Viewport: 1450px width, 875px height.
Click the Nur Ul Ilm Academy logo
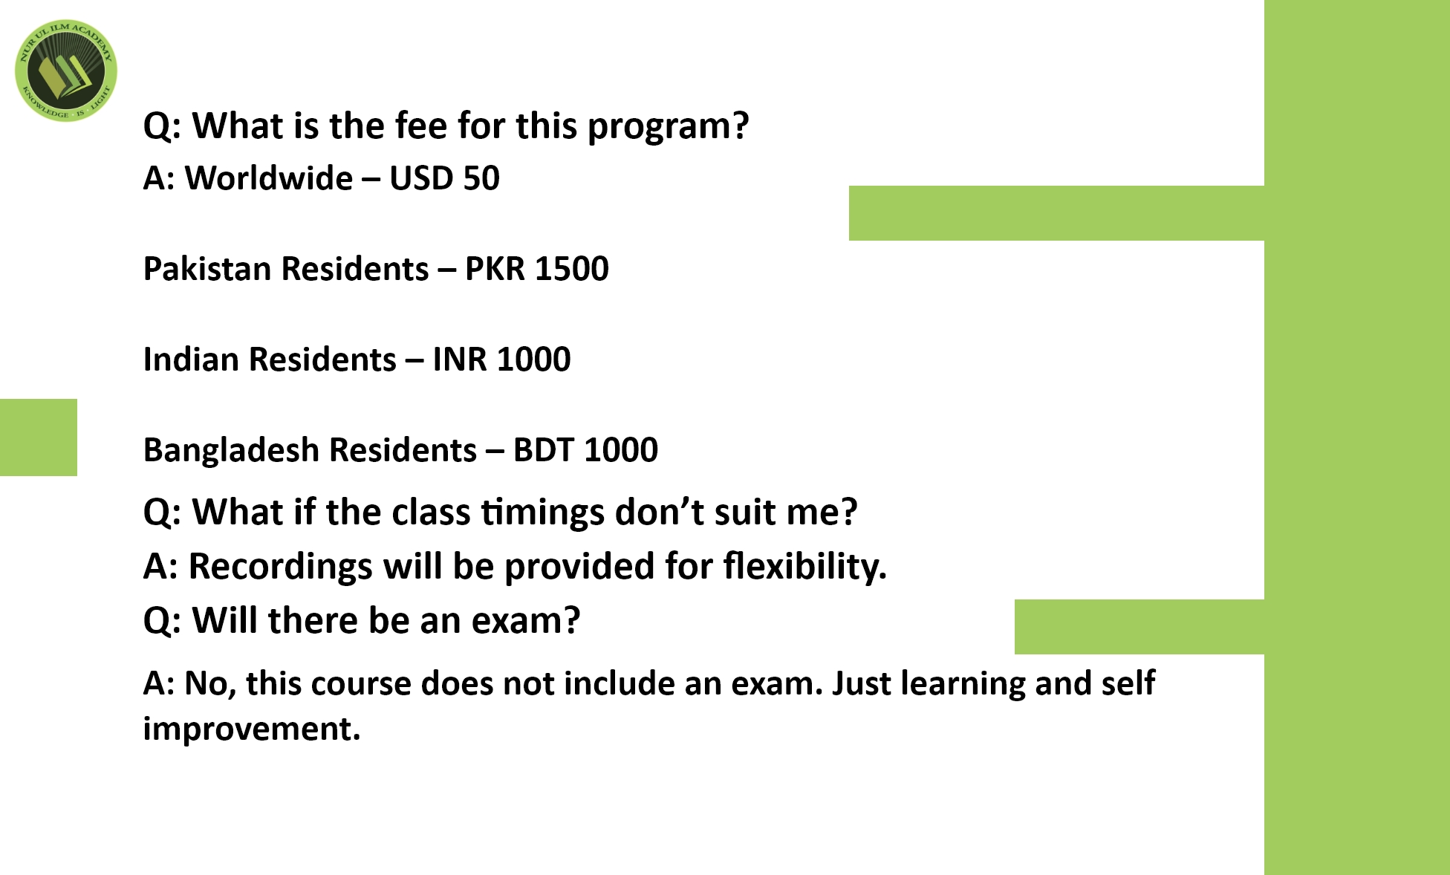(66, 71)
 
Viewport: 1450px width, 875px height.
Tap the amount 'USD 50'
(444, 178)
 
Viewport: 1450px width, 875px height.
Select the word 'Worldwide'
(269, 178)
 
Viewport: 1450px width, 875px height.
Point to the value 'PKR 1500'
(536, 269)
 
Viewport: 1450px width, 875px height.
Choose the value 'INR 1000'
(501, 360)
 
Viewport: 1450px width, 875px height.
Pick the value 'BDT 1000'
(585, 450)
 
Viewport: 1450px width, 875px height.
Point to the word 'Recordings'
(281, 567)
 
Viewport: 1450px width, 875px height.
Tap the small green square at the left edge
(39, 437)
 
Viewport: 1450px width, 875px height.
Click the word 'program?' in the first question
(668, 126)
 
